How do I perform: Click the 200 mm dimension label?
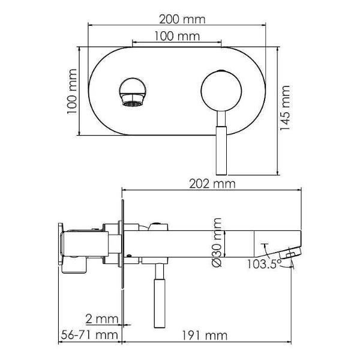pyautogui.click(x=182, y=20)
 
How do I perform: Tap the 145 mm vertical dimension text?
pyautogui.click(x=285, y=107)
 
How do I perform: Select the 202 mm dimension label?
pyautogui.click(x=212, y=184)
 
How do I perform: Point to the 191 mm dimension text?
pyautogui.click(x=205, y=335)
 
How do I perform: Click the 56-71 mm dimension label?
pyautogui.click(x=89, y=335)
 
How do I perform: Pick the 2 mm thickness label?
pyautogui.click(x=102, y=319)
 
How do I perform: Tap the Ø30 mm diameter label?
pyautogui.click(x=217, y=242)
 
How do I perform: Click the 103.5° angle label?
pyautogui.click(x=264, y=264)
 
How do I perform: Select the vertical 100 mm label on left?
pyautogui.click(x=72, y=91)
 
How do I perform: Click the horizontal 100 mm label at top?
pyautogui.click(x=177, y=36)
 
